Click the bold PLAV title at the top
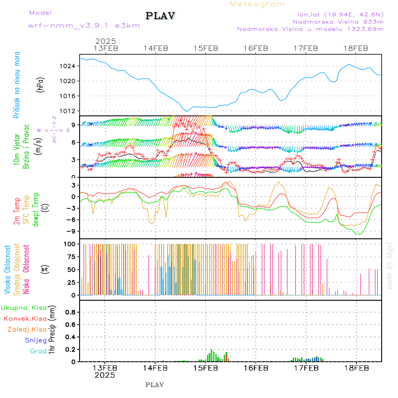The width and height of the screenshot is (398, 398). click(161, 16)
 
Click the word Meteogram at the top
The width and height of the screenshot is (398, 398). click(257, 4)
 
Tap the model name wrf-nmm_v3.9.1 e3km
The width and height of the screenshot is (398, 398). click(84, 26)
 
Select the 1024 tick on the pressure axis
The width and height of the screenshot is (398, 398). click(69, 66)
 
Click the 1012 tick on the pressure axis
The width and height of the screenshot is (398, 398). click(69, 111)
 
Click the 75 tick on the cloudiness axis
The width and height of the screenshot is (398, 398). click(72, 256)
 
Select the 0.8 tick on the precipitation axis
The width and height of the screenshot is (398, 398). click(71, 312)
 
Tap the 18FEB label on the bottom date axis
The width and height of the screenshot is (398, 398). click(356, 367)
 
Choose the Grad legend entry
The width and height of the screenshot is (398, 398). click(38, 351)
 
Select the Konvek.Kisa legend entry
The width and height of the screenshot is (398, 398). click(25, 318)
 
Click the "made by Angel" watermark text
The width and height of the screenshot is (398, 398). click(389, 265)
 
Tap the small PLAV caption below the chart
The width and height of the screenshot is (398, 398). click(154, 385)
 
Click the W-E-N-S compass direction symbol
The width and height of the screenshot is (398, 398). click(54, 130)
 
